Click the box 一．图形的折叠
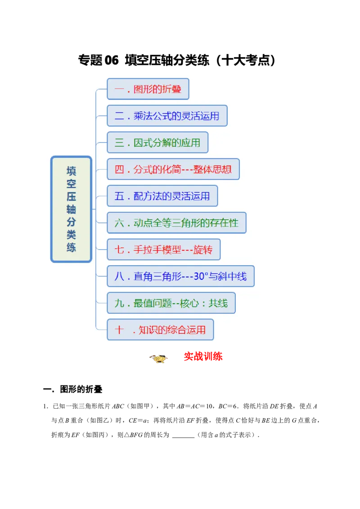click(x=148, y=89)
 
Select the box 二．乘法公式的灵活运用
click(x=167, y=116)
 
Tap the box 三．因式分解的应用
click(x=157, y=143)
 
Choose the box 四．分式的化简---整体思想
click(x=173, y=169)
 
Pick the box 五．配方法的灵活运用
click(x=162, y=196)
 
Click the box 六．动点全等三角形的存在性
click(x=176, y=223)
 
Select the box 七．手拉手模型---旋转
click(x=163, y=250)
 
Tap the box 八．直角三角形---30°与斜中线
click(x=180, y=276)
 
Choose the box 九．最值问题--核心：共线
click(x=171, y=303)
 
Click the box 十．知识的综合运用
click(x=160, y=330)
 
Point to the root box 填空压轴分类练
click(x=71, y=209)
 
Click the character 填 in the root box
click(x=71, y=171)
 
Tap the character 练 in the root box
click(x=71, y=247)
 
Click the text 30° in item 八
click(x=200, y=277)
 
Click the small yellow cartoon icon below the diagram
click(x=158, y=358)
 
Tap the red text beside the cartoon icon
click(x=203, y=357)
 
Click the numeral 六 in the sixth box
click(x=119, y=223)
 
